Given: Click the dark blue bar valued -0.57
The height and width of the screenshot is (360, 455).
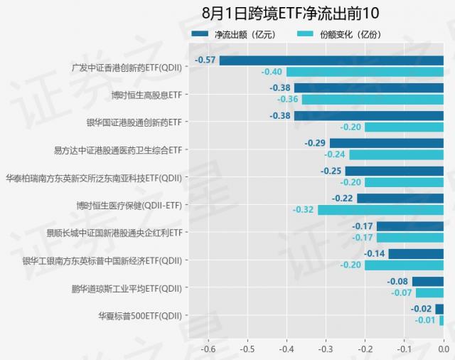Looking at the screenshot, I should click(x=331, y=60).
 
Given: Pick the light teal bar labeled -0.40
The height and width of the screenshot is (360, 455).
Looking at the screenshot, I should click(x=365, y=72).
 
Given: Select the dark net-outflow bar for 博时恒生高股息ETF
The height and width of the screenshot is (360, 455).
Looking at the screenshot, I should click(x=368, y=88).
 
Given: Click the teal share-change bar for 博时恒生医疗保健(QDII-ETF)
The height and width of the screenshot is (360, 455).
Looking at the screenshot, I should click(x=380, y=210).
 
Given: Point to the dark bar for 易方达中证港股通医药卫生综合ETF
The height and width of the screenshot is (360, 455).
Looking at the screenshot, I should click(x=386, y=143).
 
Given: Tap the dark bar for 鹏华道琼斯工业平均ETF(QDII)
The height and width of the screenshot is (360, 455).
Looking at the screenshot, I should click(x=427, y=282).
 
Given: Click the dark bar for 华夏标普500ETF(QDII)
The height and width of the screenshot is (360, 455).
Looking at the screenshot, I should click(x=439, y=309).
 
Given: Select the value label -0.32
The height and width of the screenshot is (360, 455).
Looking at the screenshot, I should click(x=303, y=210).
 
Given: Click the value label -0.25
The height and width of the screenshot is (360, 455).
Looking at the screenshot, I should click(x=331, y=171).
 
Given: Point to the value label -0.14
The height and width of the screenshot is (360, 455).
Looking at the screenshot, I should click(x=375, y=254).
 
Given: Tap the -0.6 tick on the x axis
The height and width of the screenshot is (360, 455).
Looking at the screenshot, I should click(x=208, y=349).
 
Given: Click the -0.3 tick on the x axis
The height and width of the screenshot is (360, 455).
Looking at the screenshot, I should click(x=326, y=349).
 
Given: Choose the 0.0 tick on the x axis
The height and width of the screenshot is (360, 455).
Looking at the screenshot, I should click(x=443, y=349).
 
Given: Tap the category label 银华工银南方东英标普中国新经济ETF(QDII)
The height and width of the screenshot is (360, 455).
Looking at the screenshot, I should click(x=103, y=260).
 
